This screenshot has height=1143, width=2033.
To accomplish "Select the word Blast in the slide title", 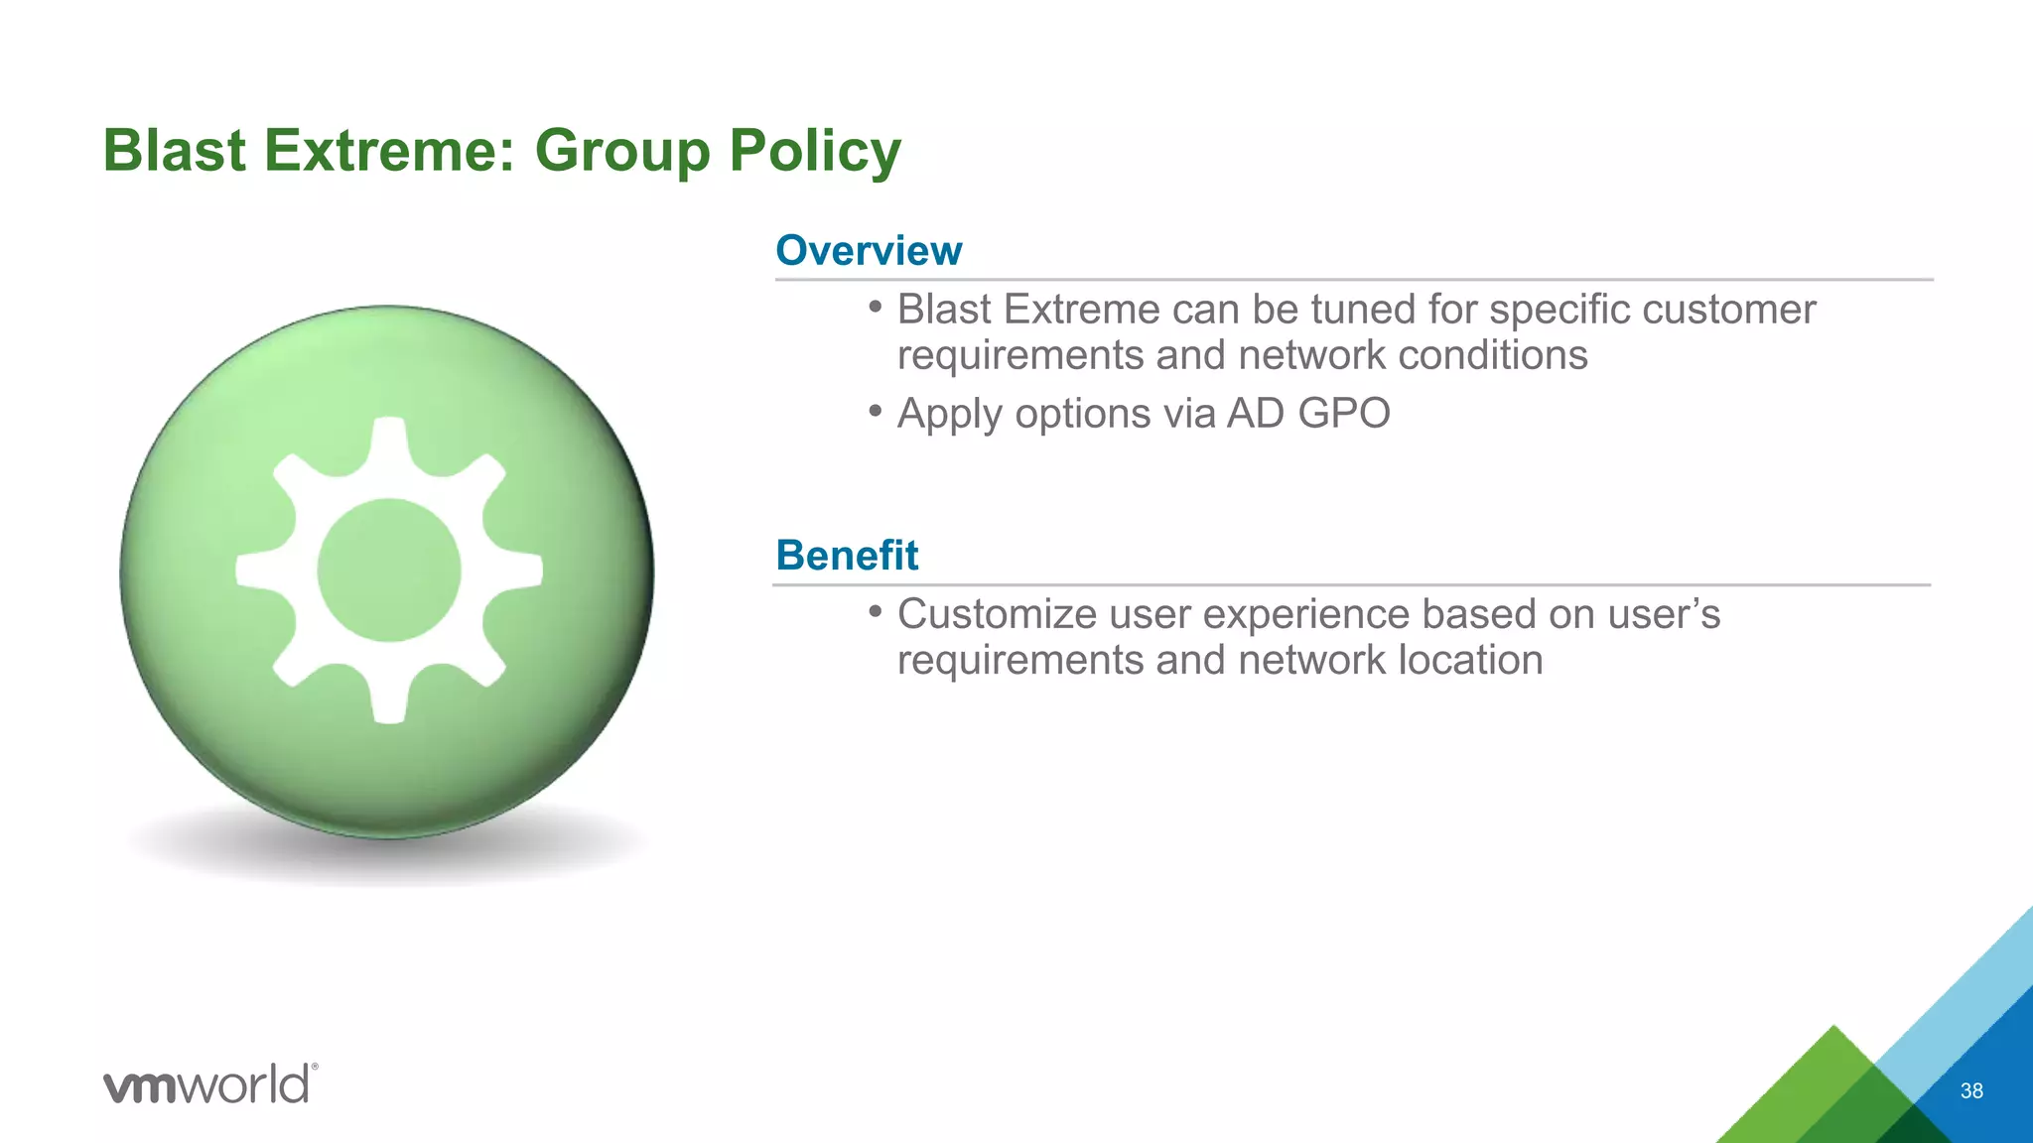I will (174, 151).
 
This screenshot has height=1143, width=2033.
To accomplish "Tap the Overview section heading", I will (869, 250).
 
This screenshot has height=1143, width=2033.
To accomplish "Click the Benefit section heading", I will (847, 555).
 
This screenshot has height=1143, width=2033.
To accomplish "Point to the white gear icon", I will (389, 570).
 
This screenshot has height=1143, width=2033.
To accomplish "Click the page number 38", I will (1971, 1090).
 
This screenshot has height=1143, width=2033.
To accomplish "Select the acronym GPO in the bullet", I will (1343, 413).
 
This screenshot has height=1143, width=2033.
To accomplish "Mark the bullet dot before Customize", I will (875, 611).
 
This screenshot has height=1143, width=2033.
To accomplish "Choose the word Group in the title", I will (622, 151).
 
